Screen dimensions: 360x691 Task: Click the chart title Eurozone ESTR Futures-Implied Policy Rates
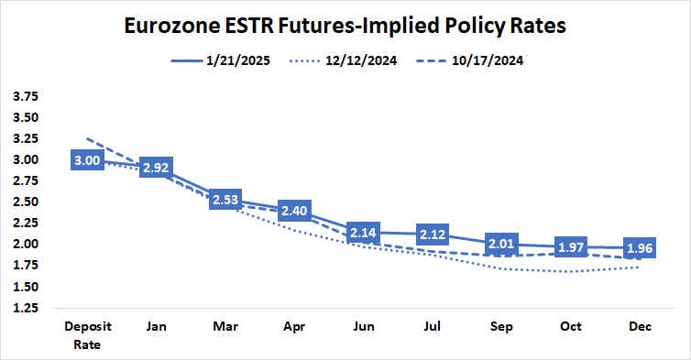[345, 25]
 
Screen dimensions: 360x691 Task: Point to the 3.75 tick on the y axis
[27, 96]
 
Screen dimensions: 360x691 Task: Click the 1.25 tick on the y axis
[27, 308]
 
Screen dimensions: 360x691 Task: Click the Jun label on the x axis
[366, 327]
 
